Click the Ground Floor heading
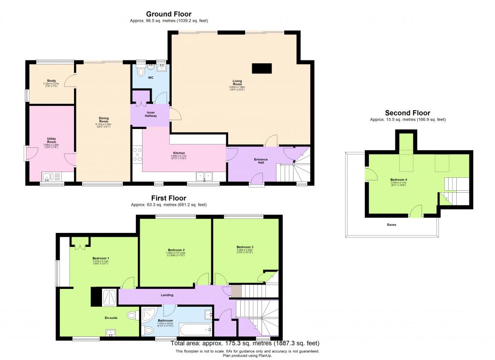click(169, 14)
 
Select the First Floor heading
click(168, 198)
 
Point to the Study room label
click(51, 81)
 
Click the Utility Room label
click(51, 140)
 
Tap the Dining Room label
click(103, 118)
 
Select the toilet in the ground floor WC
click(141, 72)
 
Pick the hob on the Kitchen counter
click(137, 153)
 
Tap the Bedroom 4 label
click(399, 180)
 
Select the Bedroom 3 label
click(245, 247)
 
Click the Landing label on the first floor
click(167, 295)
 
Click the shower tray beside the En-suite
click(108, 297)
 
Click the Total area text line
click(245, 344)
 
